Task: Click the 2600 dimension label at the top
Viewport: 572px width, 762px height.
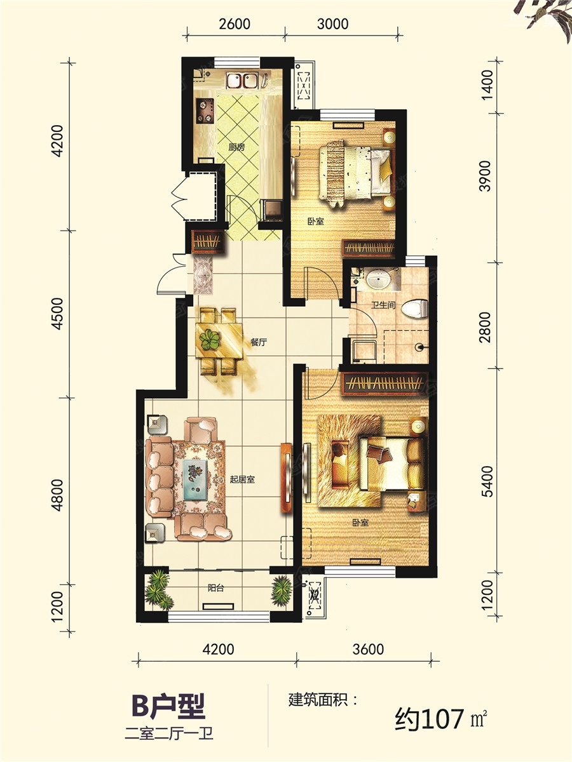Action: pyautogui.click(x=235, y=24)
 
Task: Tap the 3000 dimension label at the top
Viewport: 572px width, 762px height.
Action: pyautogui.click(x=332, y=24)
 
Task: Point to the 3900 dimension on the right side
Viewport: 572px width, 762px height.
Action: pyautogui.click(x=487, y=176)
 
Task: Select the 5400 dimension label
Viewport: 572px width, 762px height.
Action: pyautogui.click(x=487, y=481)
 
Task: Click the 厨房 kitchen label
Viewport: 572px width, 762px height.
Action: pyautogui.click(x=236, y=147)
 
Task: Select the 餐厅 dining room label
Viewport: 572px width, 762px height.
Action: pyautogui.click(x=258, y=342)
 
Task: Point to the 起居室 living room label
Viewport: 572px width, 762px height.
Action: pyautogui.click(x=242, y=480)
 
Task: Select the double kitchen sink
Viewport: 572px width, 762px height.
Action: pyautogui.click(x=242, y=81)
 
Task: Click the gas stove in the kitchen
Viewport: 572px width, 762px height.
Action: pyautogui.click(x=204, y=110)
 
